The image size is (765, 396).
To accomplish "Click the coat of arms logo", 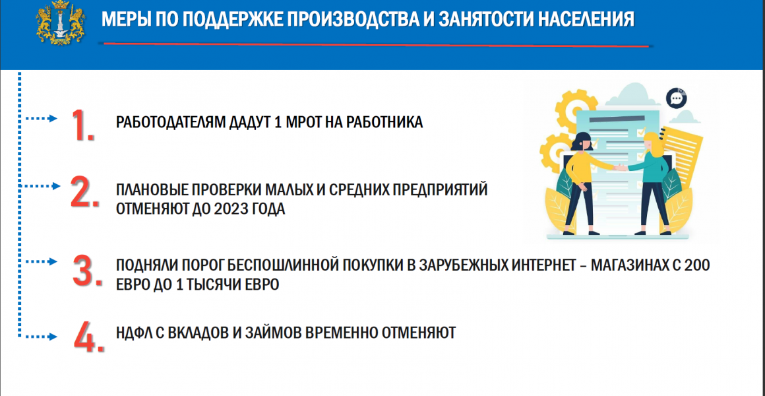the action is pos(61,24).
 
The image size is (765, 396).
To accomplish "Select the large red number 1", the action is pos(82,126).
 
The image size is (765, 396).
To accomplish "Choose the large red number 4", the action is pos(89,336).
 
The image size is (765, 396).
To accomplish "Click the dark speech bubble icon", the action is pos(676,98).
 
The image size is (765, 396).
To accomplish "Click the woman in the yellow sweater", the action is pos(586,182).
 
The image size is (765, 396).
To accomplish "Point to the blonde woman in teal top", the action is pos(652,182).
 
